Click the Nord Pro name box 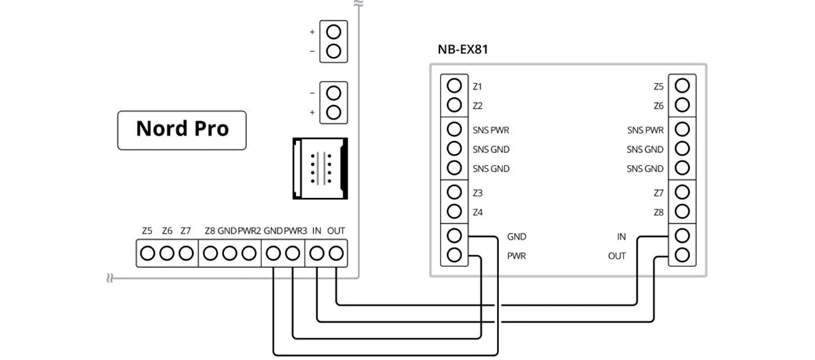pos(182,130)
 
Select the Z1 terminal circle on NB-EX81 pos(454,85)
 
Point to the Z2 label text pos(477,106)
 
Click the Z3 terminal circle pos(454,192)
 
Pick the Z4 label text pos(477,213)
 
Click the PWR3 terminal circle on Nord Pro pos(292,253)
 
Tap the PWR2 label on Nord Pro pos(250,230)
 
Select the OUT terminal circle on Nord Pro pos(336,253)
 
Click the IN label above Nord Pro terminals pos(316,230)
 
